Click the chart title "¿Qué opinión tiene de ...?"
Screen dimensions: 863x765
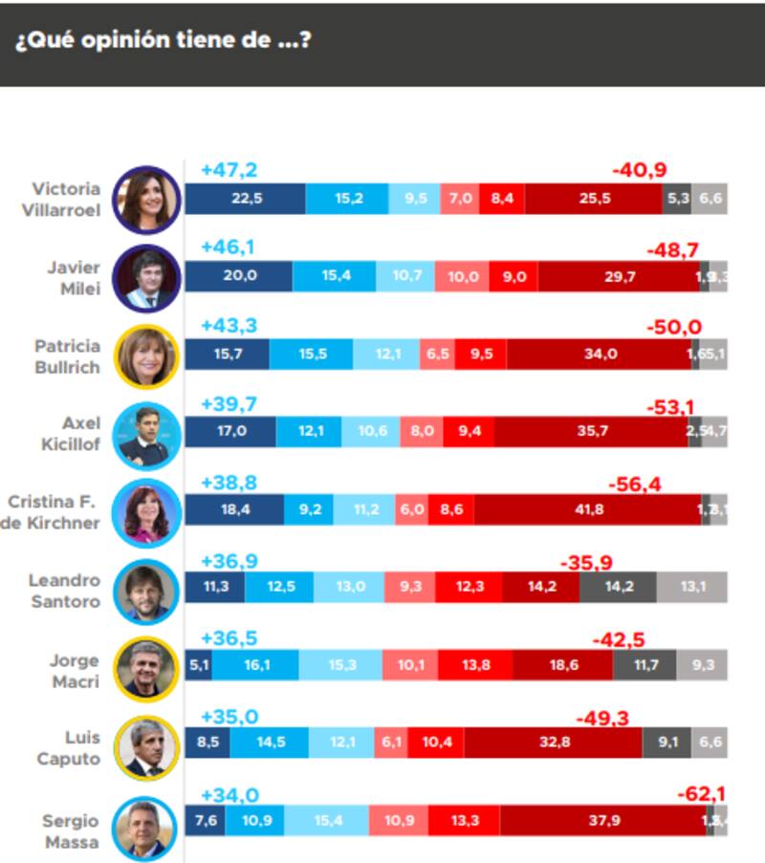coord(162,41)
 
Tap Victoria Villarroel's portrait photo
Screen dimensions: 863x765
coord(146,200)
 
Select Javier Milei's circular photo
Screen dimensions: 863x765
coord(146,277)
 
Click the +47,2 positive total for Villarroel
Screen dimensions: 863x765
coord(229,171)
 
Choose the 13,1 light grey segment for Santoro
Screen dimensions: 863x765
coord(692,587)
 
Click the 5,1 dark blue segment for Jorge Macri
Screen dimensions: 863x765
coord(198,665)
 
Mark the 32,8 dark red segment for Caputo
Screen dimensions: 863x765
coord(554,742)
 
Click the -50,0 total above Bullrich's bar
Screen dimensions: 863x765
coord(673,328)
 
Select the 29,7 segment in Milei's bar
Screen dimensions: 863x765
coord(619,276)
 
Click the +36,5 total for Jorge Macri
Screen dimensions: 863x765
coord(229,638)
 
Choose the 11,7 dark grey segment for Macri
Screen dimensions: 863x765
coord(645,665)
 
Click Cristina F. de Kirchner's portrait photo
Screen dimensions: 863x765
coord(146,511)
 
